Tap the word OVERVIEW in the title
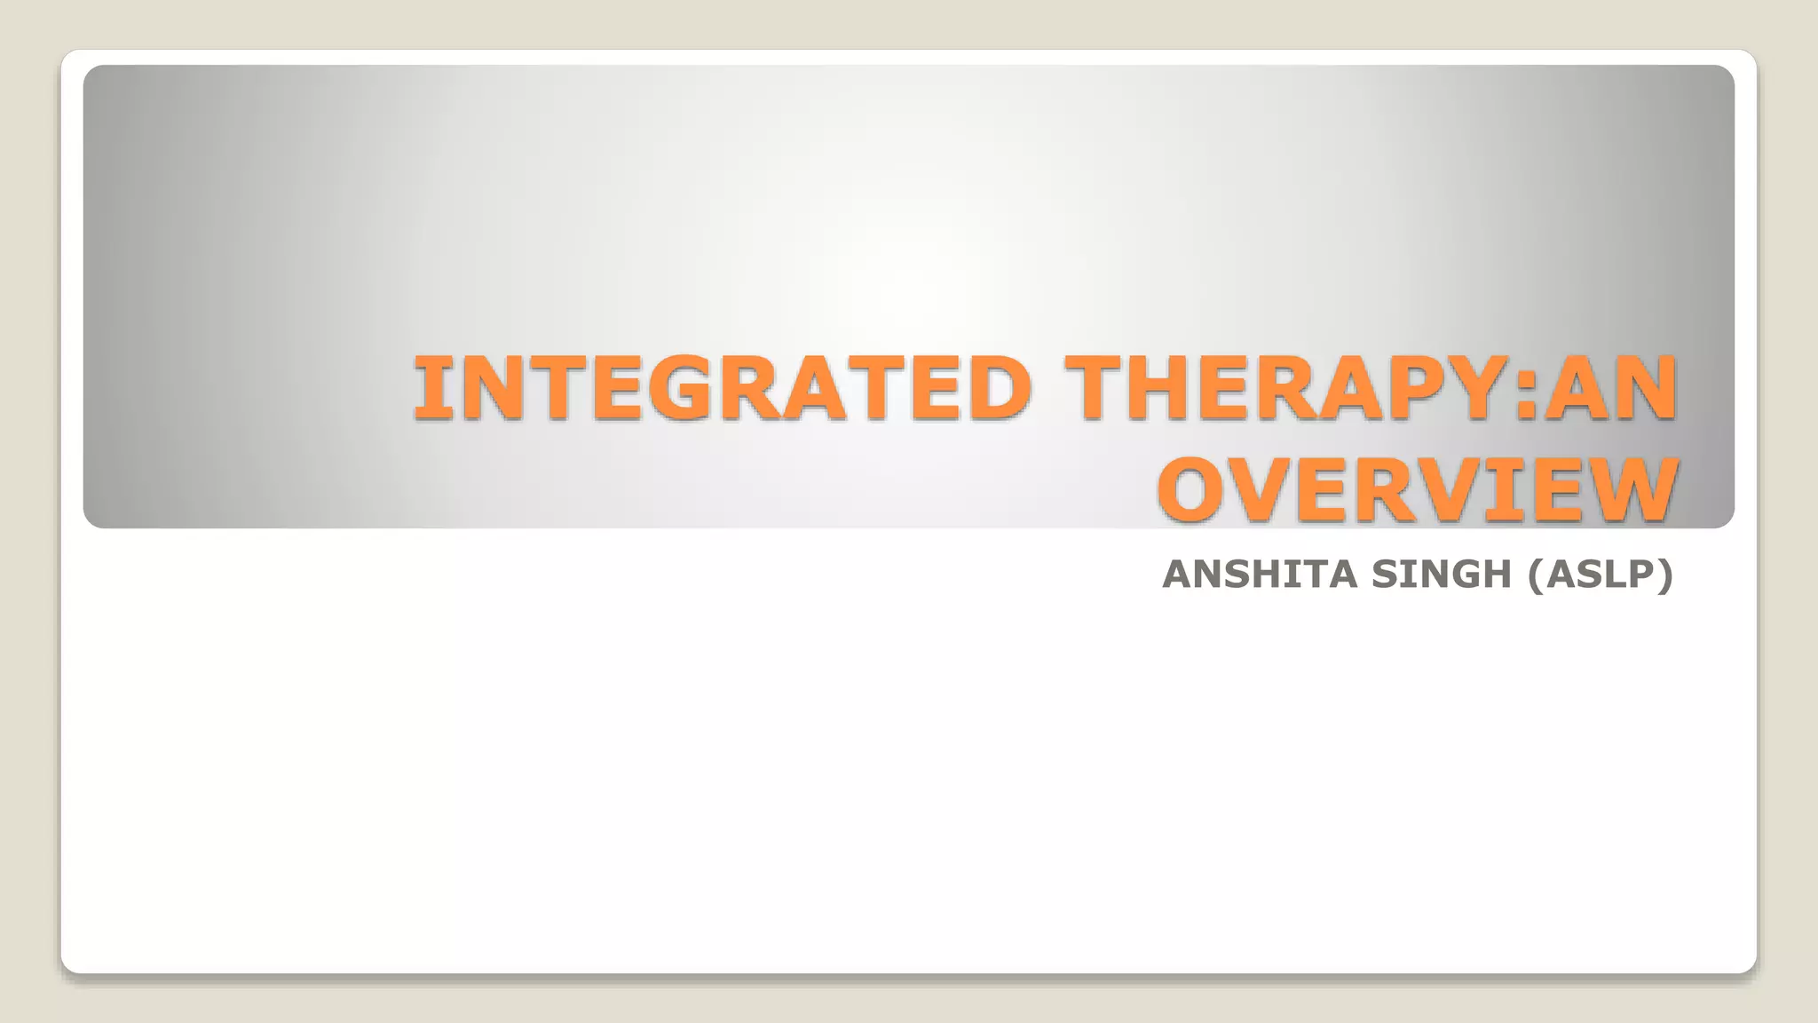tap(1418, 490)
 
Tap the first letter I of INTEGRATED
tap(427, 387)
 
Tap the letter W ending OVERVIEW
tap(1632, 490)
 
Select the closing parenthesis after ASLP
tap(1665, 575)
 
